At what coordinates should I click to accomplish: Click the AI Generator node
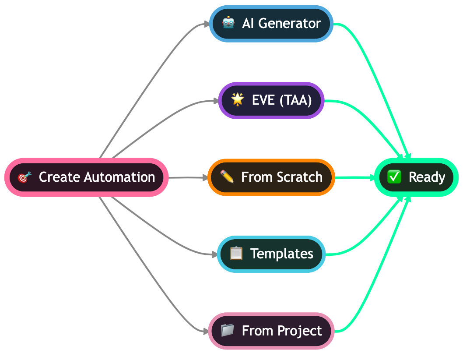(x=271, y=24)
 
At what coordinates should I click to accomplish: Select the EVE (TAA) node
(x=271, y=100)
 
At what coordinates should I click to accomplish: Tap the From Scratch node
(x=271, y=177)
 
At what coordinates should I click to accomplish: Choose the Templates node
(x=271, y=254)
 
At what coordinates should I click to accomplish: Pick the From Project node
(x=271, y=331)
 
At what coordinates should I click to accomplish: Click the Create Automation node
(x=87, y=177)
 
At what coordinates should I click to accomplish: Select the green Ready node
(x=416, y=177)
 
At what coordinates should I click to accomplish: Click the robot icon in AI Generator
(x=228, y=23)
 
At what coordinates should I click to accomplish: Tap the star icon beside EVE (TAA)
(x=237, y=100)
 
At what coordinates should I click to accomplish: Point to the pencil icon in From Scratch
(x=227, y=177)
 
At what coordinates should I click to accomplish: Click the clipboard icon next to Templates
(x=236, y=254)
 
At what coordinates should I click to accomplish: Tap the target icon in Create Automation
(x=25, y=177)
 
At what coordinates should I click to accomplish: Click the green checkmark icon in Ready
(x=394, y=177)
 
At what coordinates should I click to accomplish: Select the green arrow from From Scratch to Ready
(x=354, y=178)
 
